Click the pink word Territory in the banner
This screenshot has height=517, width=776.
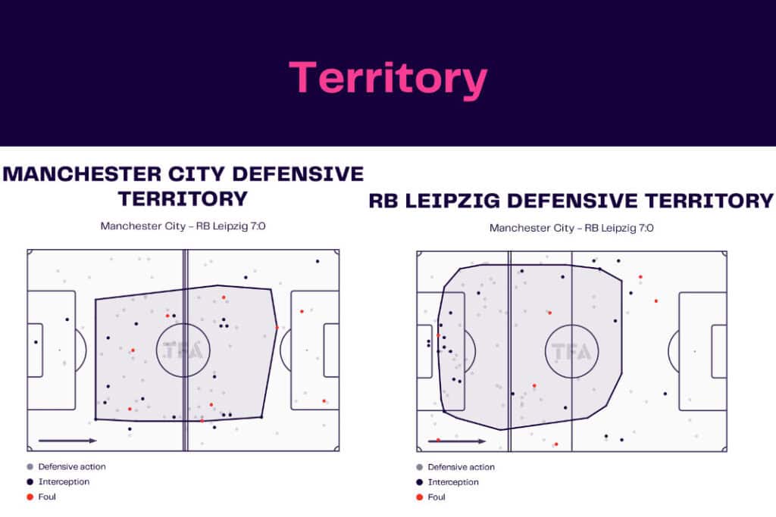coord(387,78)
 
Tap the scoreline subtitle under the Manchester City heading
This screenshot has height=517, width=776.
coord(183,226)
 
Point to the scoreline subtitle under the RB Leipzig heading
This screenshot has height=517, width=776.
coord(571,228)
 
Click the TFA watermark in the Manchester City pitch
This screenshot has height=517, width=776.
coord(183,350)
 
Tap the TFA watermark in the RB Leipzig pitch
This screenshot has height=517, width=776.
coord(571,352)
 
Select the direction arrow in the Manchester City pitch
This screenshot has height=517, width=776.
coord(67,440)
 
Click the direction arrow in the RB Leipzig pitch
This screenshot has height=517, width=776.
coord(456,441)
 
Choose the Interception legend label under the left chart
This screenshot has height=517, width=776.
coord(64,481)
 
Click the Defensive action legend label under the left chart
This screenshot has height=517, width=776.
coord(72,466)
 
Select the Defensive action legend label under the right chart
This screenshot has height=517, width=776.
coord(461,467)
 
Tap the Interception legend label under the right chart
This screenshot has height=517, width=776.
coord(453,482)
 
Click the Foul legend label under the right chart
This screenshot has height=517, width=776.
coord(436,497)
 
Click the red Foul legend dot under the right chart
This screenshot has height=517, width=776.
coord(419,497)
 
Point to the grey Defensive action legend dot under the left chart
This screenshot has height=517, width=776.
coord(30,466)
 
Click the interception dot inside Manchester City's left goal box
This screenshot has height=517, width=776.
coord(35,342)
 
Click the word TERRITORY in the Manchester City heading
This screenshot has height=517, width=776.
coord(183,198)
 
